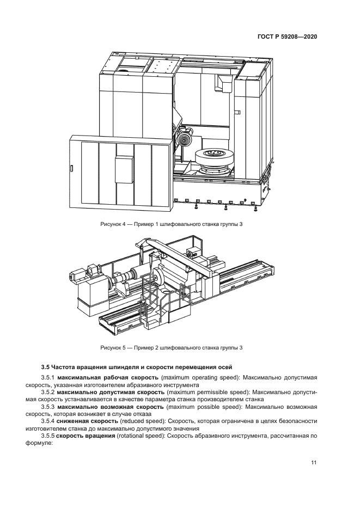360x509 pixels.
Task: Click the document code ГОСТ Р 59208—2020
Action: coord(286,36)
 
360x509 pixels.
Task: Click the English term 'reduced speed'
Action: coord(142,421)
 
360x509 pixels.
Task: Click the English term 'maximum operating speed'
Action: coord(202,377)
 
